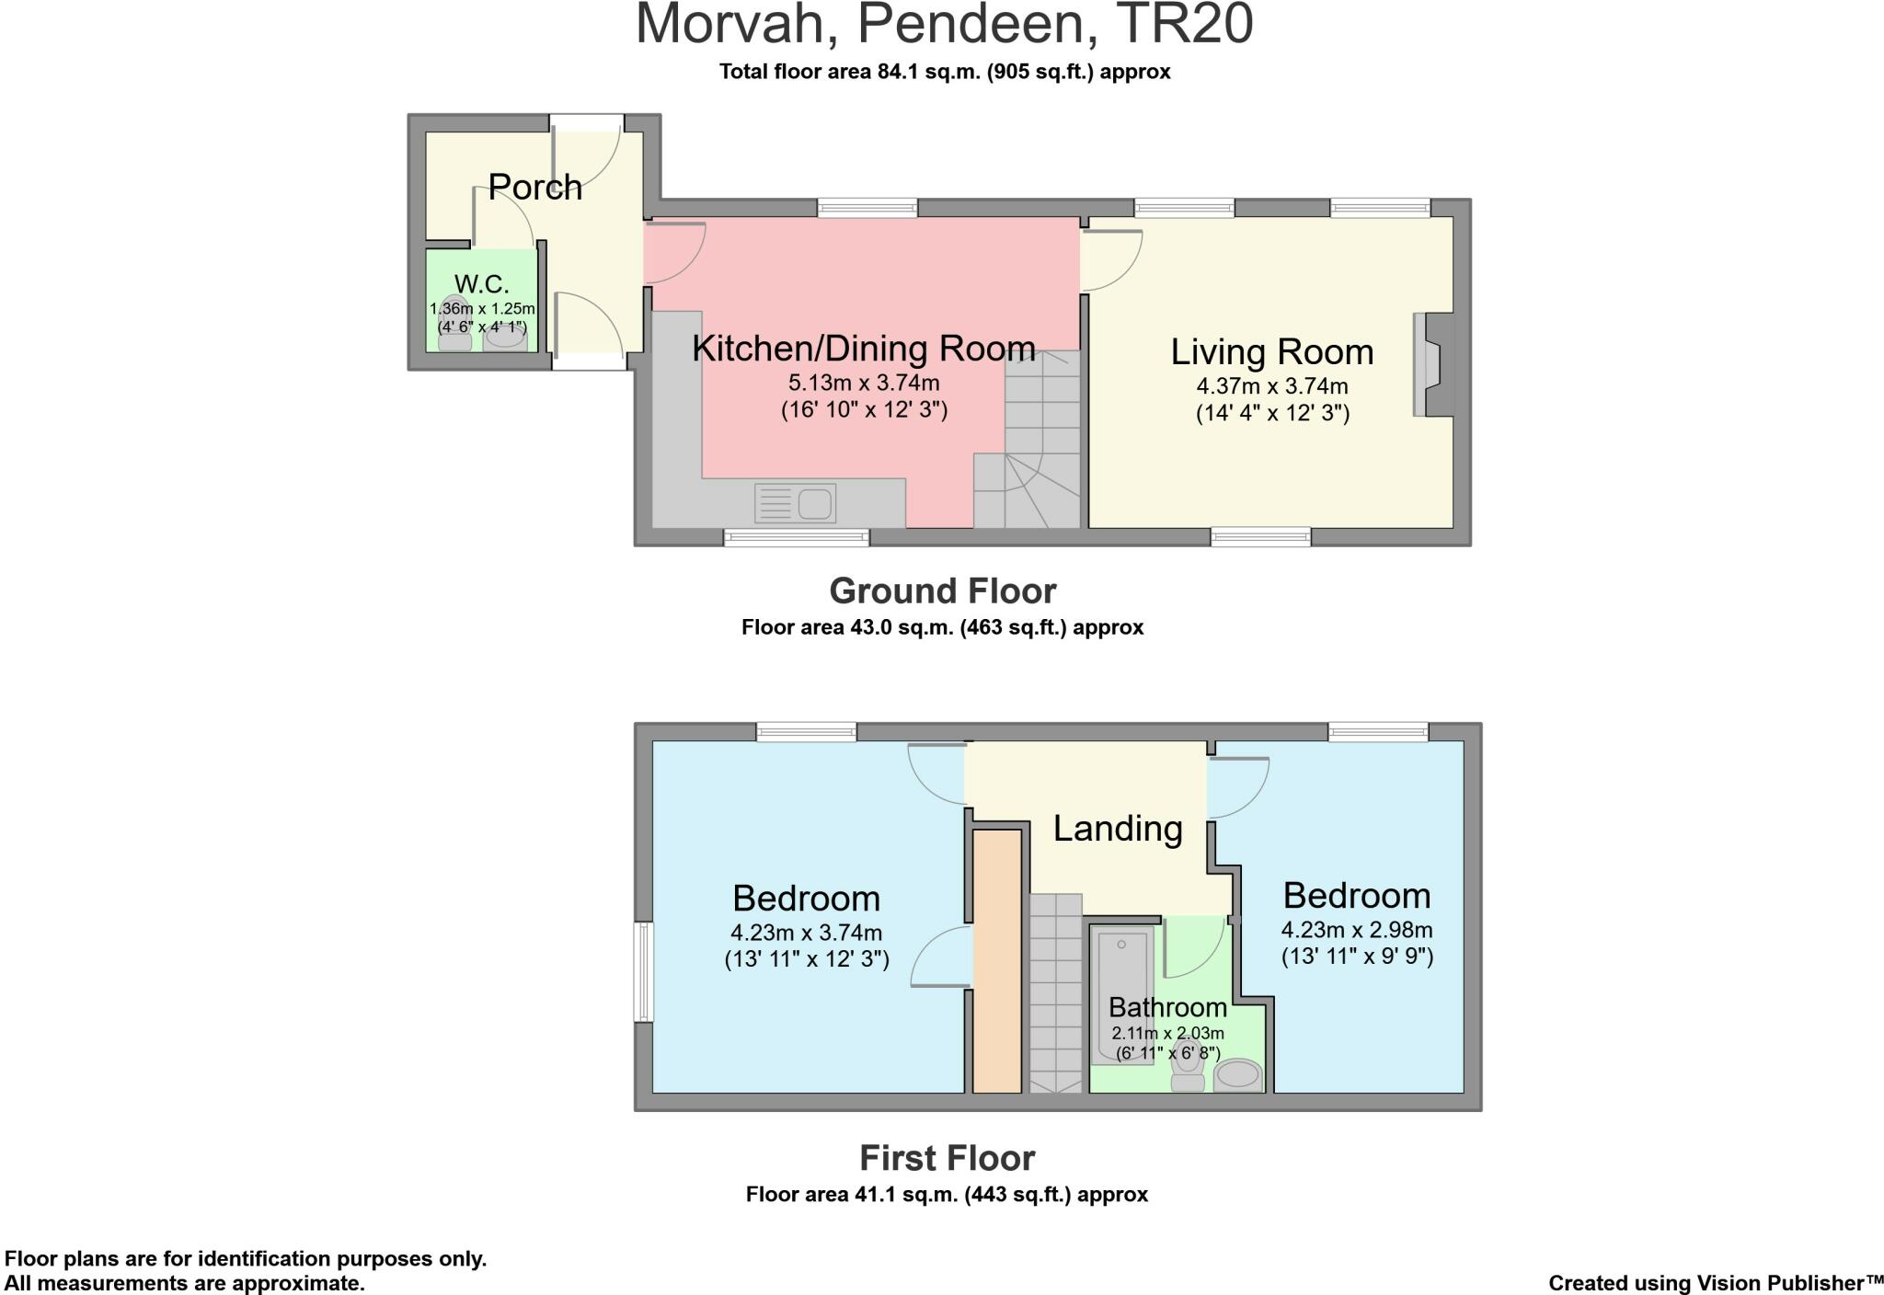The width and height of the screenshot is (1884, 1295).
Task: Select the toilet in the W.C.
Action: coord(454,327)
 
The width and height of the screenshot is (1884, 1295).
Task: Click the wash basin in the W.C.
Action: coord(505,338)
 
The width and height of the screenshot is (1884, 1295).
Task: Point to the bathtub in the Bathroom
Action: coord(1120,993)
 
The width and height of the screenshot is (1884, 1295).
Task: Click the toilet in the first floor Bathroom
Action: coord(1188,1067)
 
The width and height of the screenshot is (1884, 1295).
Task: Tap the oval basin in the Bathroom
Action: coord(1237,1074)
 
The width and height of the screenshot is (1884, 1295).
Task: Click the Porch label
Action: coord(534,187)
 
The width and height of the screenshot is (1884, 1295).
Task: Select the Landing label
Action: coord(1117,828)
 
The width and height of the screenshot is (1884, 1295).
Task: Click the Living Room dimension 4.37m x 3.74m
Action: coord(1271,386)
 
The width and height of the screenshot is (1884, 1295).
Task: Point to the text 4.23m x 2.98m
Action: coord(1357,930)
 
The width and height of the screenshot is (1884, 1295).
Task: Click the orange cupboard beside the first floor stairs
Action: coord(997,960)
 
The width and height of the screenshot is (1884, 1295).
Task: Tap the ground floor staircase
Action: coord(1040,441)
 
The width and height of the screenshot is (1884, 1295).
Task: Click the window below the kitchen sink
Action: coord(796,537)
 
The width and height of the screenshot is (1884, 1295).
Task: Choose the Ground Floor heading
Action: coord(942,590)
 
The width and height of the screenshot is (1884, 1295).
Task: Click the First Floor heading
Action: coord(947,1158)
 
